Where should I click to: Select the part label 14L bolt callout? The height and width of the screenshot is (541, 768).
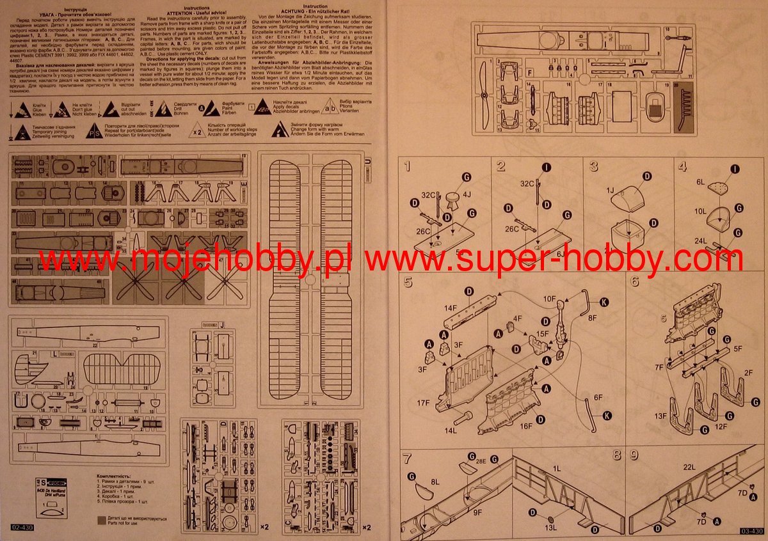[451, 432]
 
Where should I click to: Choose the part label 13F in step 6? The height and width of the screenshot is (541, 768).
[660, 416]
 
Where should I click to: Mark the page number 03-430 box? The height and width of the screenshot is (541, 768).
[751, 531]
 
